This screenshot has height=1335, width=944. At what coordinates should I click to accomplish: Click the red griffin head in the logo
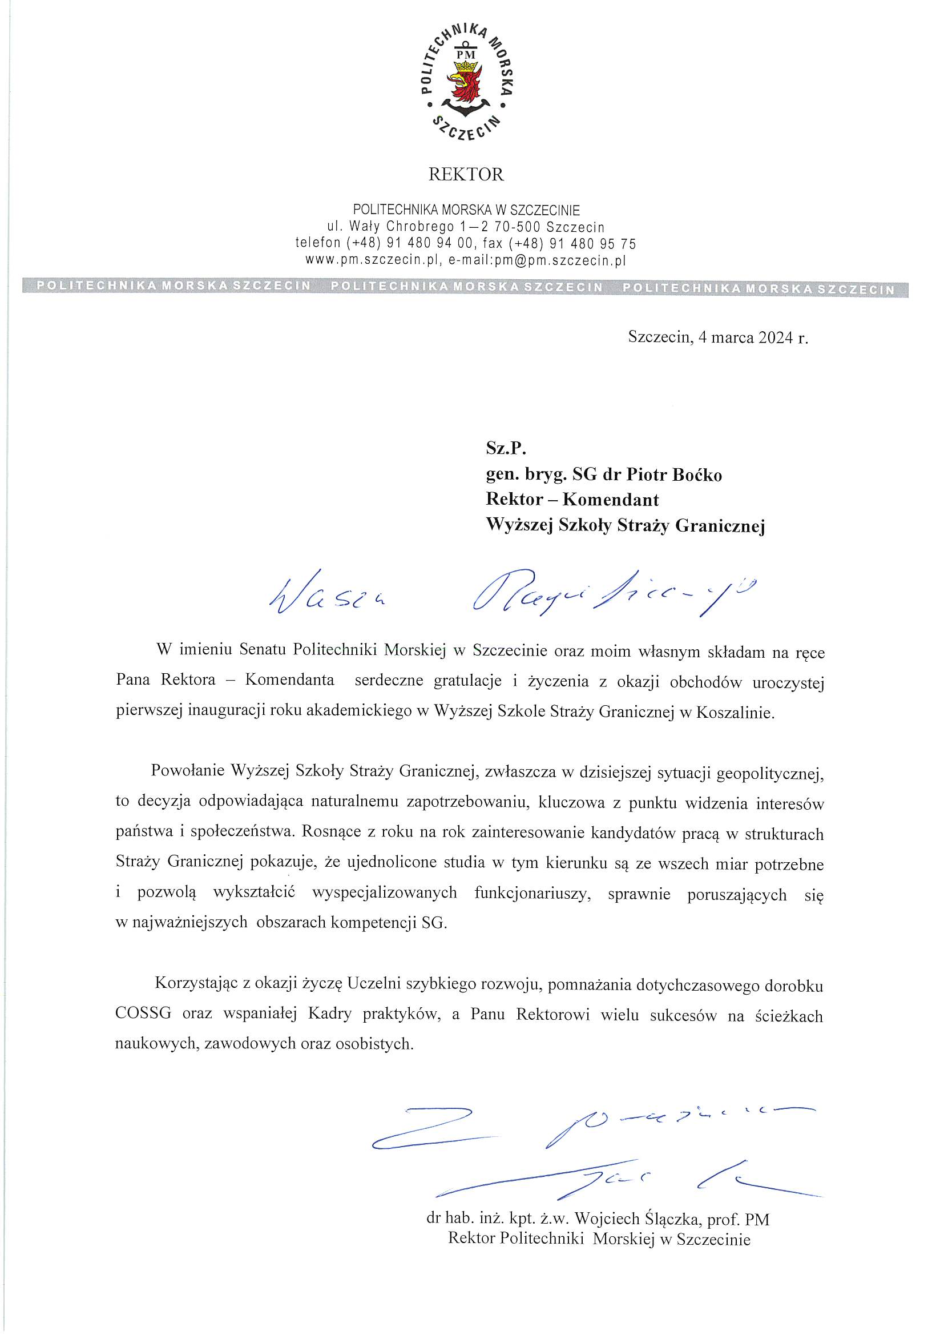point(465,83)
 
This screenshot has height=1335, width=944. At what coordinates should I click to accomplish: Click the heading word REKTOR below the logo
point(466,174)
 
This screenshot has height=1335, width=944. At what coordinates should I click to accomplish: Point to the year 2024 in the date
point(776,338)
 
